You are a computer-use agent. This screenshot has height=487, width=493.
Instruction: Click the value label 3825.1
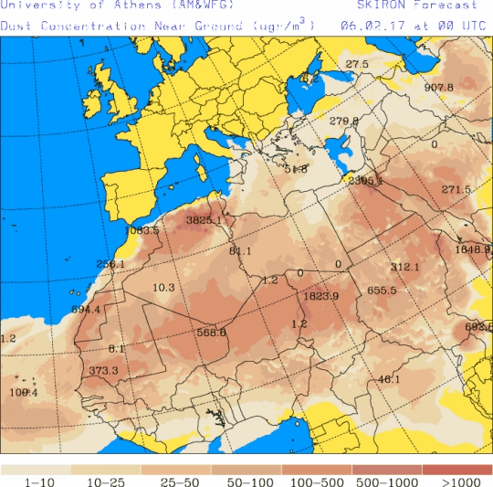pyautogui.click(x=204, y=220)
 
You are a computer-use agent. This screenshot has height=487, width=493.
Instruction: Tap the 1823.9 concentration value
pyautogui.click(x=320, y=295)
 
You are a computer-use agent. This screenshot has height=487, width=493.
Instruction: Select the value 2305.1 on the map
pyautogui.click(x=366, y=181)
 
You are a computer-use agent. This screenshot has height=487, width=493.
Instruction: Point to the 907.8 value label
pyautogui.click(x=438, y=88)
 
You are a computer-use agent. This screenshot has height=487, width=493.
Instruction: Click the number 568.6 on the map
pyautogui.click(x=211, y=333)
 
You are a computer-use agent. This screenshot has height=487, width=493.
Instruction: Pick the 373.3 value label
pyautogui.click(x=103, y=370)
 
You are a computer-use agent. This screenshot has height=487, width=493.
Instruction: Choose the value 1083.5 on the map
pyautogui.click(x=142, y=230)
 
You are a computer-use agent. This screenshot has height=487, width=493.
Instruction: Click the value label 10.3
pyautogui.click(x=163, y=287)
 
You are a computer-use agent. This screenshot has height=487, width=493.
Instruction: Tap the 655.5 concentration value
pyautogui.click(x=382, y=291)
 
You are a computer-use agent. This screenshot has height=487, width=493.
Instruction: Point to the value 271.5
pyautogui.click(x=456, y=189)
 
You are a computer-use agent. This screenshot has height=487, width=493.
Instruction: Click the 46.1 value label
pyautogui.click(x=389, y=379)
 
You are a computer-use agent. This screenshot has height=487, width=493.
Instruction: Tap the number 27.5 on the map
pyautogui.click(x=357, y=64)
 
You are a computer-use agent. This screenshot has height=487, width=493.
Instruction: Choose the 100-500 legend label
pyautogui.click(x=318, y=481)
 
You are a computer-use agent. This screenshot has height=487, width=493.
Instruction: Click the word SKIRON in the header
pyautogui.click(x=364, y=5)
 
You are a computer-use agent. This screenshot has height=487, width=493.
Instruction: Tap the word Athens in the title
pyautogui.click(x=121, y=5)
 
